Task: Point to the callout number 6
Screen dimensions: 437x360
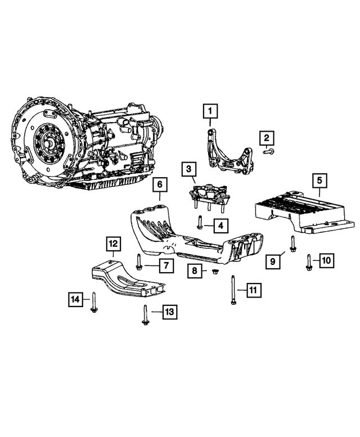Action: coord(159,184)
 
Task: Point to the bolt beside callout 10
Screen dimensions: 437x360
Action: coord(310,261)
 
